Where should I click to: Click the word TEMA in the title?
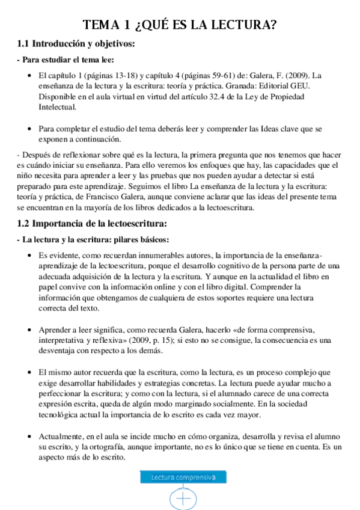pos(102,25)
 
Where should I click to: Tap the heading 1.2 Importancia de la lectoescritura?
pos(92,224)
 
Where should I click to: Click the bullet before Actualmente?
pos(30,437)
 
